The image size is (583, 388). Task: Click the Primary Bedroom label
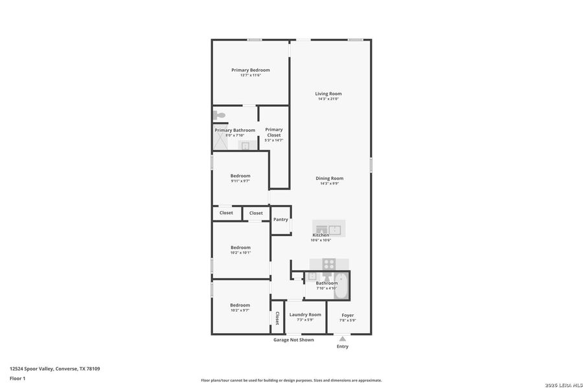(251, 70)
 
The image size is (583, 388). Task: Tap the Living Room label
(328, 94)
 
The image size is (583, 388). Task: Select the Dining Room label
(329, 178)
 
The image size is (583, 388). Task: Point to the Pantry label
(280, 219)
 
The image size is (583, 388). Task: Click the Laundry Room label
(305, 315)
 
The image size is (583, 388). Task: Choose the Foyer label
(348, 316)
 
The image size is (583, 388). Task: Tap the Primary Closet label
(274, 132)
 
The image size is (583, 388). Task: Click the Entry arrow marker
(343, 338)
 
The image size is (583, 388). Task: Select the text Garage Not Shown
(293, 339)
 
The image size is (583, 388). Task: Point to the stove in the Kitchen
(328, 264)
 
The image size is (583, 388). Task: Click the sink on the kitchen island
(334, 228)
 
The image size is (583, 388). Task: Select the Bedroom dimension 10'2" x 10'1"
(240, 253)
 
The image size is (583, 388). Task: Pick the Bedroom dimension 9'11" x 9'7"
(240, 181)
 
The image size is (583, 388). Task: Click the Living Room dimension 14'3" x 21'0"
(328, 99)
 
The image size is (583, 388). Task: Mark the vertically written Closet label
(277, 318)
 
